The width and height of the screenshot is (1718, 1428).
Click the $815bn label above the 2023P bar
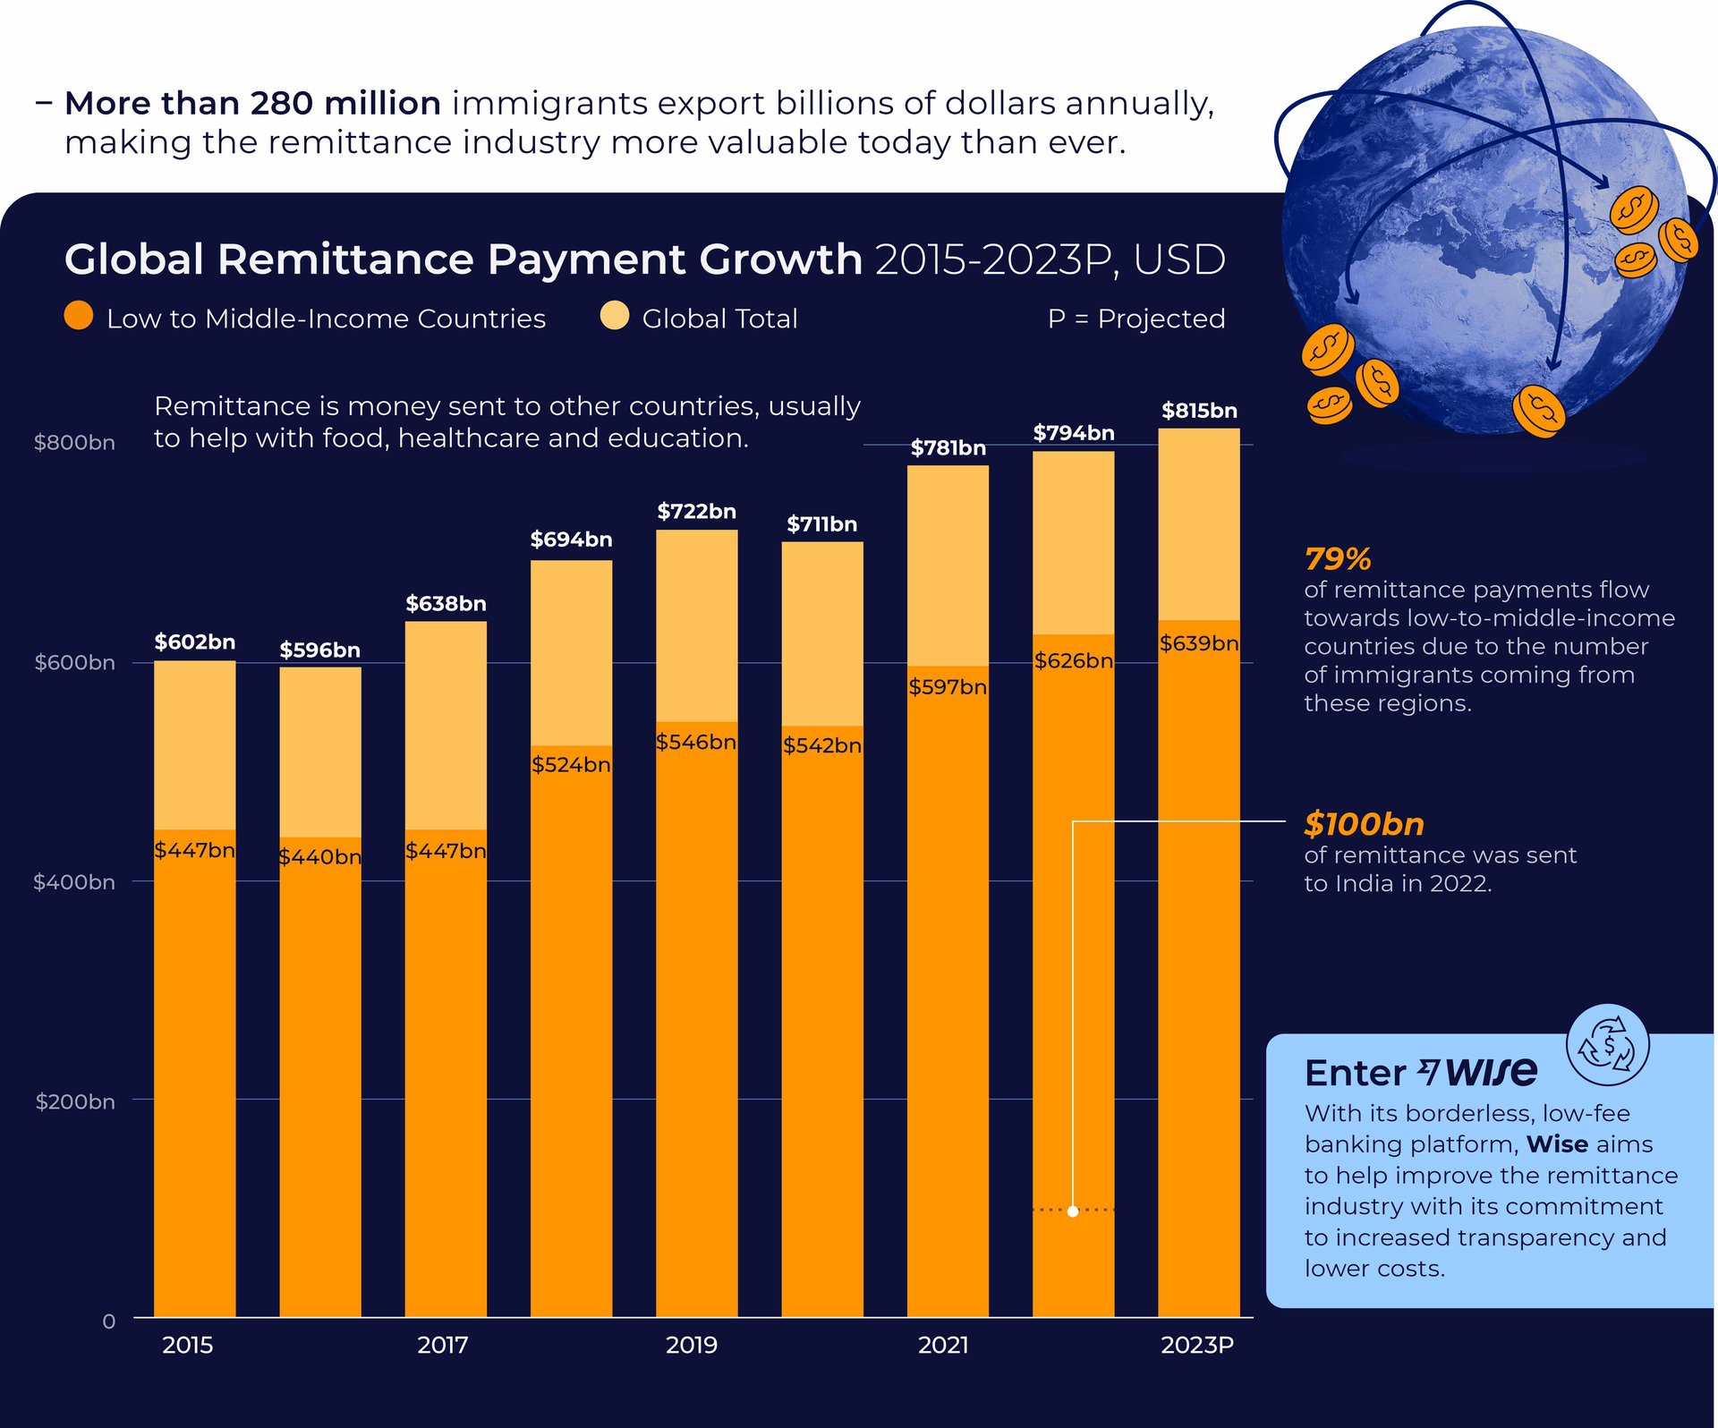tap(1199, 411)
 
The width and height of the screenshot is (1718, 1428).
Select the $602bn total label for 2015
tap(194, 642)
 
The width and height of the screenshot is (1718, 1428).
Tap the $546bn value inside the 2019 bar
tap(696, 742)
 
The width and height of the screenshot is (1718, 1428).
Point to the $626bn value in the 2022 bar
tap(1073, 660)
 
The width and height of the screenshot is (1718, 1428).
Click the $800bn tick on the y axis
tap(74, 443)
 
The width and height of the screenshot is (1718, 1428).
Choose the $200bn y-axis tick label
tap(75, 1101)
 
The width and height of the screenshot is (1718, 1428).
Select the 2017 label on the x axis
tap(443, 1345)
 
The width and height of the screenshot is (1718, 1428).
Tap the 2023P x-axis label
tap(1197, 1345)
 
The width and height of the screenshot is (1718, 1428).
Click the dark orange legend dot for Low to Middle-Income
tap(79, 316)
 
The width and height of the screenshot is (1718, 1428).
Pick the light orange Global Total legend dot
tap(615, 316)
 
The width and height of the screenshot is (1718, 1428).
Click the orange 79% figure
tap(1338, 559)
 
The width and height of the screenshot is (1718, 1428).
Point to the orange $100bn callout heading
tap(1364, 824)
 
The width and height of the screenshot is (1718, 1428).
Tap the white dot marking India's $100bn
tap(1073, 1211)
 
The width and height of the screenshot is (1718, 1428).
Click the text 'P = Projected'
tap(1136, 319)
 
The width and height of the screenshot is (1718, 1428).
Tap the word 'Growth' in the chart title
tap(780, 259)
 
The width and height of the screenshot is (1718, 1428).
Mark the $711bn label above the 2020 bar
tap(821, 524)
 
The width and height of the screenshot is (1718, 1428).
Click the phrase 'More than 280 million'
tap(253, 104)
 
